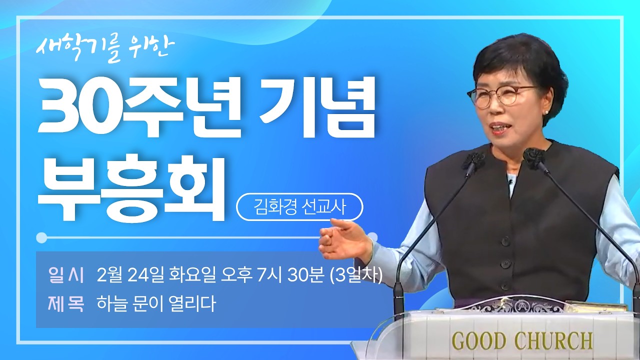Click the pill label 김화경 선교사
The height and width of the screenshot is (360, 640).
point(299,207)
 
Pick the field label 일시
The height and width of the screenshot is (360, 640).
point(66,274)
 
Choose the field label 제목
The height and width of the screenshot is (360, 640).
point(66,303)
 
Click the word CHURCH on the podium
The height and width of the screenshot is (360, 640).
point(553,341)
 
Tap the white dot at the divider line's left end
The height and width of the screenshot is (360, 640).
point(42,237)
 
